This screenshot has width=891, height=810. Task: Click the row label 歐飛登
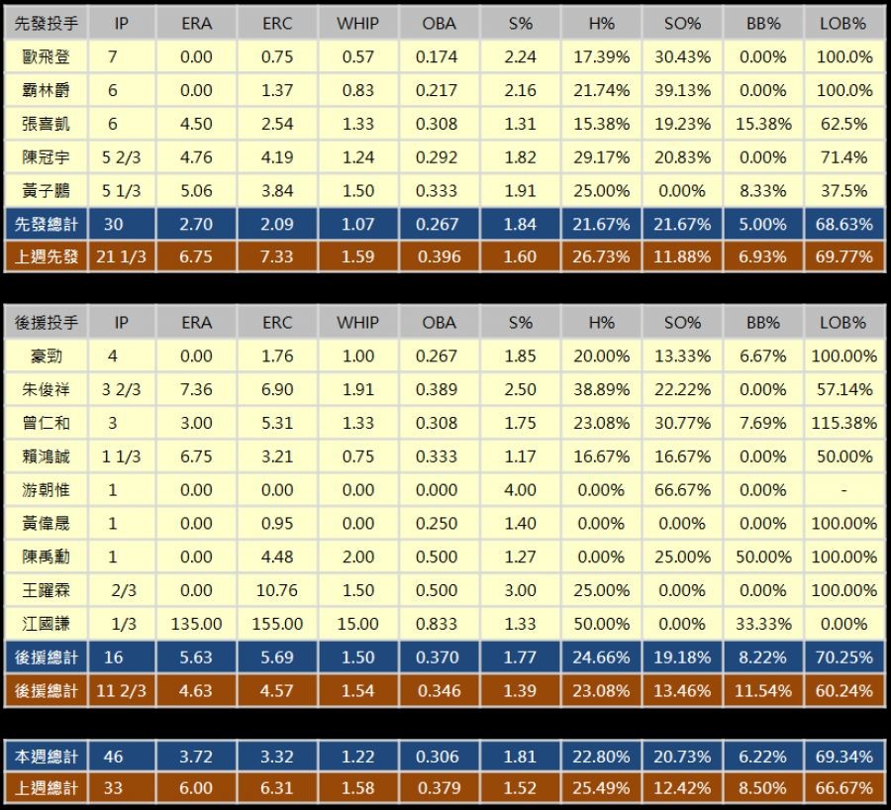(x=47, y=57)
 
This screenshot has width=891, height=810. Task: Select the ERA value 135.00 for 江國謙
(x=197, y=624)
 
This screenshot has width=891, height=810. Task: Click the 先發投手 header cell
(x=47, y=24)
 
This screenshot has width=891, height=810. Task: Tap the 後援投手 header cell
(x=47, y=323)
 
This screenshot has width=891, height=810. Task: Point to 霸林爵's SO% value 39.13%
(x=682, y=91)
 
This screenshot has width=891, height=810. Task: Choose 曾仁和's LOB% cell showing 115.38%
(x=844, y=424)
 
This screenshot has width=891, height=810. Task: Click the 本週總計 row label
(x=47, y=757)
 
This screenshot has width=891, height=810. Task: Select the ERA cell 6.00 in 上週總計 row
(x=197, y=789)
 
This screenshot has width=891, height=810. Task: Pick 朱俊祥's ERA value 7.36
(x=197, y=390)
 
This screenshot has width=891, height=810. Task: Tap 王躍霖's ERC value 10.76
(x=277, y=590)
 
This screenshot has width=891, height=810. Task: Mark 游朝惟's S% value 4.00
(x=520, y=490)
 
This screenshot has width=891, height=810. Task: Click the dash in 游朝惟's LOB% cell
(x=844, y=490)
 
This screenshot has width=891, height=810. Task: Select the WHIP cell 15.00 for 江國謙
(x=357, y=624)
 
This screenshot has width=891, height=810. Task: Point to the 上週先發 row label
(x=47, y=257)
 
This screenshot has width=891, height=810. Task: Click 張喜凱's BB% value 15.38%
(x=763, y=124)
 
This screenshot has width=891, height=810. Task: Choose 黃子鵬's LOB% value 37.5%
(x=844, y=191)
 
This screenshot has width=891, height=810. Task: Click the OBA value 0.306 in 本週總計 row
(x=439, y=757)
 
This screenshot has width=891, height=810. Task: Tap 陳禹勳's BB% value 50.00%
(x=763, y=557)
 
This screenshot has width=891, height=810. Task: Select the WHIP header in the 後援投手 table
(x=357, y=323)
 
